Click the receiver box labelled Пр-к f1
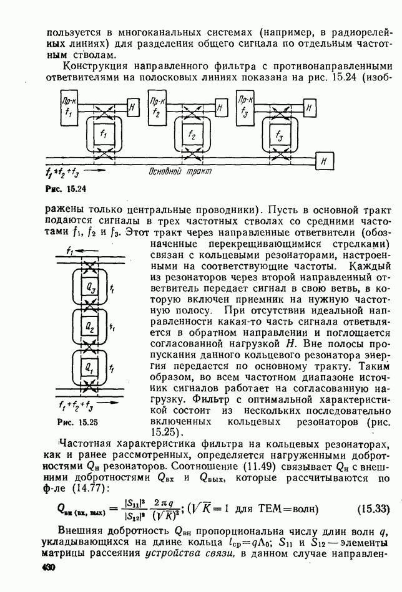click(69, 107)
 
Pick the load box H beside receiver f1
click(133, 106)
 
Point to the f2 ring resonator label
click(192, 135)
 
